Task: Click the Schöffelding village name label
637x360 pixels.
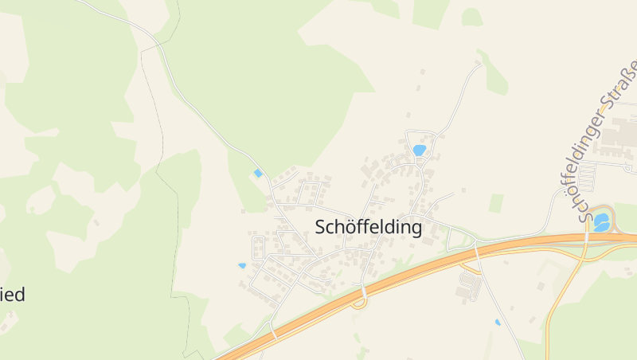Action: click(368, 227)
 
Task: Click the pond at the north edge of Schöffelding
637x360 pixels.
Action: click(419, 150)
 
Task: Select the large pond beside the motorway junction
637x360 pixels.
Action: click(602, 221)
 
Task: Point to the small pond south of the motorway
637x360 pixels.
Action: click(498, 323)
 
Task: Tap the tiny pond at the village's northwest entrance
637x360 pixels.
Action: click(256, 173)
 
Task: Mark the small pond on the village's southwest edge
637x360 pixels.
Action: click(242, 265)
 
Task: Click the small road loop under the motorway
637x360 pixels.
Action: click(359, 301)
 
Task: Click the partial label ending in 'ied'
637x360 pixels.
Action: click(13, 295)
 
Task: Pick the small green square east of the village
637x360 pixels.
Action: click(496, 203)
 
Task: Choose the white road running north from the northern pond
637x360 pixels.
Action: click(462, 96)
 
